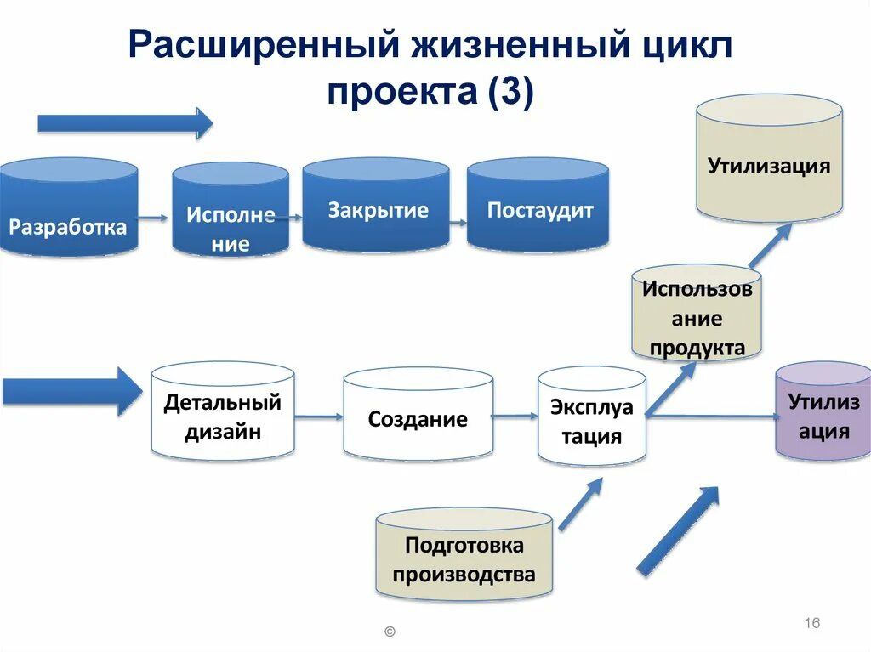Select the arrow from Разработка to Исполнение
[154, 218]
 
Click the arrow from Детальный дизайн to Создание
[318, 417]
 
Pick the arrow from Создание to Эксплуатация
[515, 417]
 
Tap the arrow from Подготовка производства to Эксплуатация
[580, 503]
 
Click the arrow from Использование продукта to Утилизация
[769, 246]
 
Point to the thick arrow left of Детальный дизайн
[71, 391]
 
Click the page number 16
[811, 623]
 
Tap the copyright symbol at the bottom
[390, 632]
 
